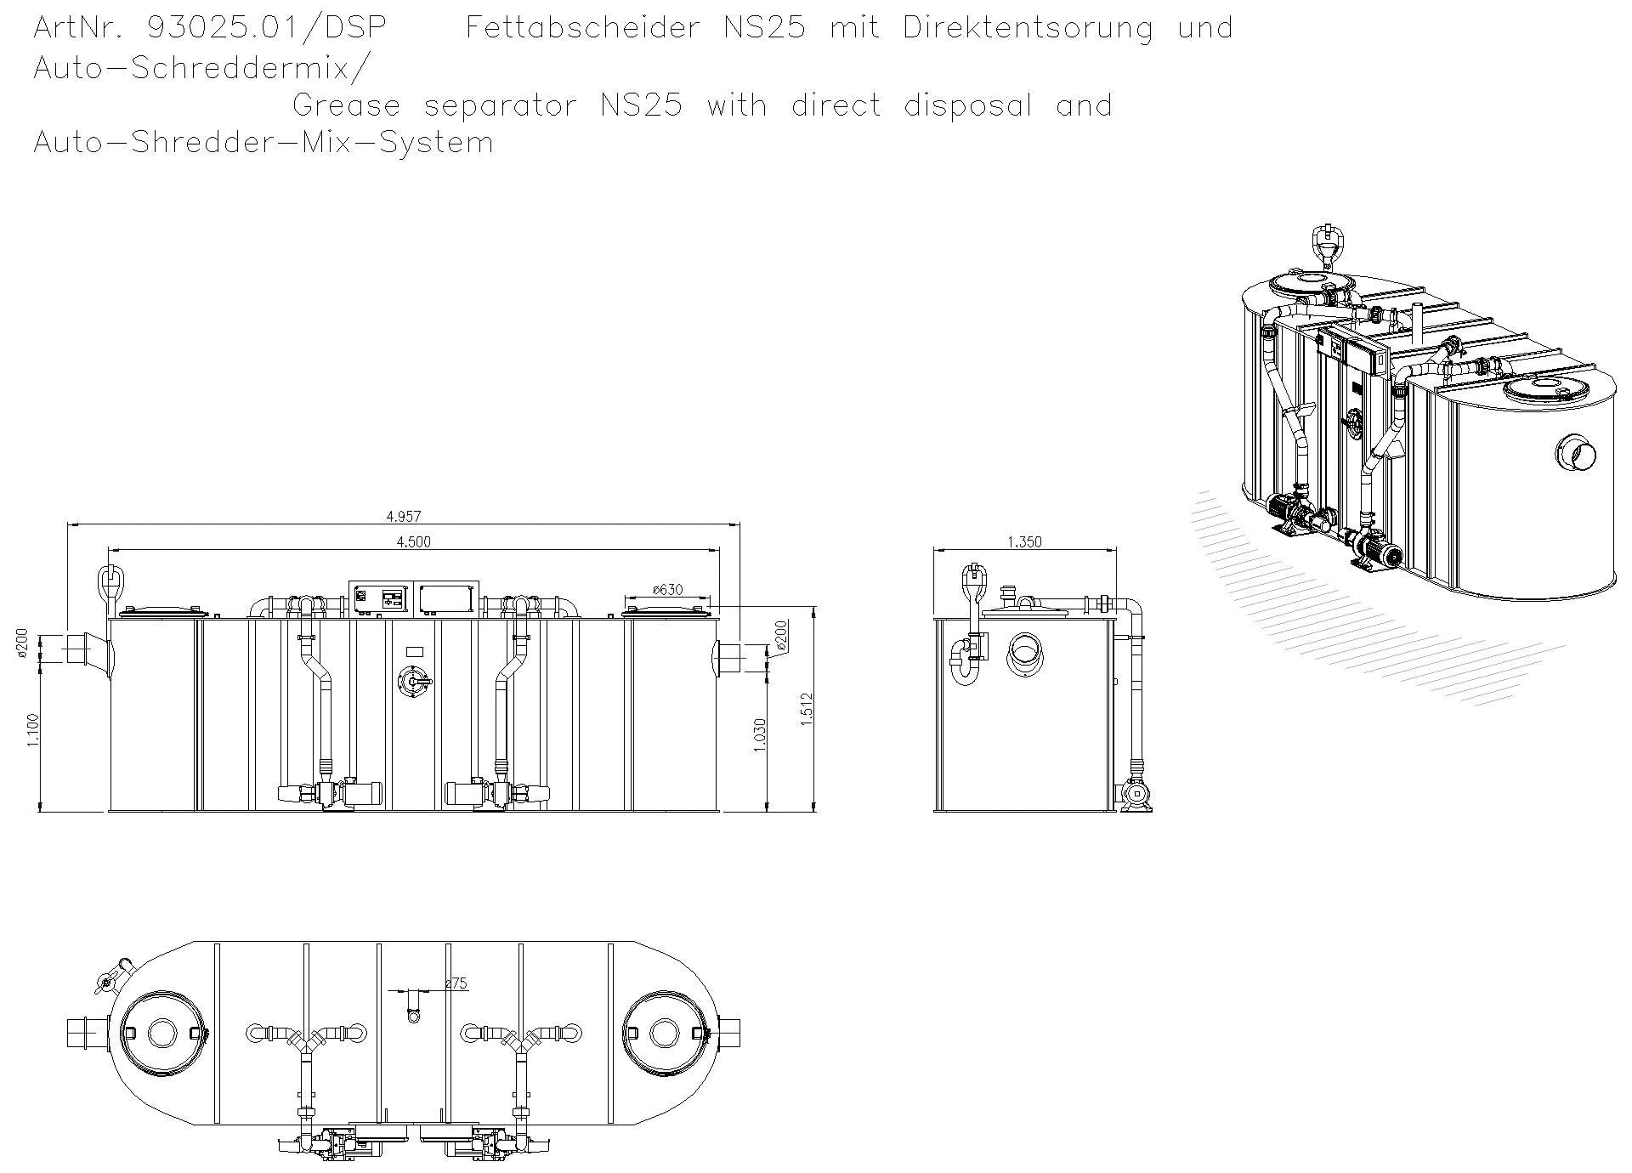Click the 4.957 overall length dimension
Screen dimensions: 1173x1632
coord(404,516)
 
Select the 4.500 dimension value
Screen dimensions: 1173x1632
coord(414,542)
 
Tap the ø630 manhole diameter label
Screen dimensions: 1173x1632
coord(668,589)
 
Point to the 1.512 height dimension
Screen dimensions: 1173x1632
coord(807,708)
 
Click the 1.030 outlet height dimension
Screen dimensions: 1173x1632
coord(760,734)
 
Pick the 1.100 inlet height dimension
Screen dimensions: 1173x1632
coord(33,730)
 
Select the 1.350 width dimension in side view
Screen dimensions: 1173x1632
coord(1024,541)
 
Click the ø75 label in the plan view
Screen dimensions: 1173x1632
coord(456,983)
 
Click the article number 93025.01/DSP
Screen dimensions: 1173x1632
coord(267,28)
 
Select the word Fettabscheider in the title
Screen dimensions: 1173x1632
coord(582,28)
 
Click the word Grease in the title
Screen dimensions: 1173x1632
coord(346,106)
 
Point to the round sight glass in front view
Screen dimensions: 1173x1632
coord(415,682)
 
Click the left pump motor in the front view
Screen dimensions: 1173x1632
coord(363,794)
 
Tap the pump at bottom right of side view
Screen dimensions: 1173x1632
coord(1136,795)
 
